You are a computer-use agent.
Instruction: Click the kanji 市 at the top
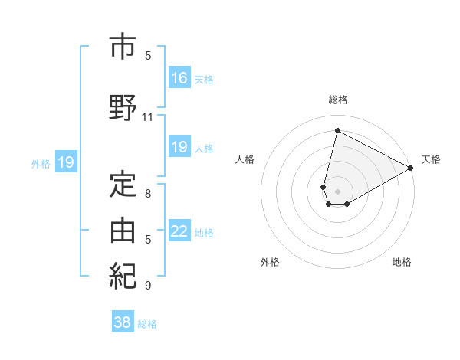click(x=123, y=47)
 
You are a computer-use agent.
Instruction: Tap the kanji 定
click(x=123, y=185)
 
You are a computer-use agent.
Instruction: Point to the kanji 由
click(x=123, y=229)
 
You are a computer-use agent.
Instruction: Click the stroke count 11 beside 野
click(x=147, y=117)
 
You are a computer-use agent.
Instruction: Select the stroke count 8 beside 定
click(x=148, y=194)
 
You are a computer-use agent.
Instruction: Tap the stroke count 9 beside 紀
click(x=148, y=286)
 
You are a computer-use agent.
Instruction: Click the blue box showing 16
click(x=179, y=77)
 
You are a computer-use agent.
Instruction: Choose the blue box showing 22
click(x=179, y=231)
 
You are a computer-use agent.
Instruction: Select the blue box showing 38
click(x=123, y=322)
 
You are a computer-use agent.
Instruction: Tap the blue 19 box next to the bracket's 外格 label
click(x=65, y=162)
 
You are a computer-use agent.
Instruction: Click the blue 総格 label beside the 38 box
click(x=147, y=324)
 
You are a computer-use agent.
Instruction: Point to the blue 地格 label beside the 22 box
click(x=204, y=232)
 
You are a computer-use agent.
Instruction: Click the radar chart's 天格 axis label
click(x=431, y=159)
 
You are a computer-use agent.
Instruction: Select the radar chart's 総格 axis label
click(x=338, y=100)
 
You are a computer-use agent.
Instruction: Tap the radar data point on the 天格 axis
click(x=411, y=168)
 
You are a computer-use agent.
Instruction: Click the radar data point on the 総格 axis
click(x=337, y=131)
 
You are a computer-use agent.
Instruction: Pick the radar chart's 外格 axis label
click(x=270, y=262)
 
